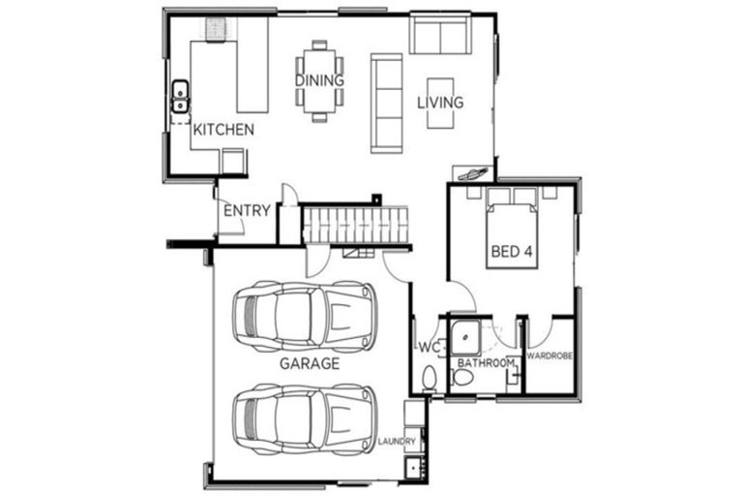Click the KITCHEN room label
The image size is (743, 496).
[223, 129]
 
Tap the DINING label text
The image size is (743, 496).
[319, 80]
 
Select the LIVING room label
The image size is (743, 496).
[440, 102]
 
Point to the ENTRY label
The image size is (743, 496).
[247, 210]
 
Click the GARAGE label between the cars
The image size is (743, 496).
[310, 364]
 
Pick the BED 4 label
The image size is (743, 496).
[512, 252]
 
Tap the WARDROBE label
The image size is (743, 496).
[550, 356]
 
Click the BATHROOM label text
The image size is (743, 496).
[486, 362]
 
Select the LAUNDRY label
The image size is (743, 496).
[398, 442]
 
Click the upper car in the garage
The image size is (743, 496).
[303, 316]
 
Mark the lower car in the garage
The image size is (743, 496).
[303, 418]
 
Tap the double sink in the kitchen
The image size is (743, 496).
[180, 97]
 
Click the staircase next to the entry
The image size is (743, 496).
[353, 226]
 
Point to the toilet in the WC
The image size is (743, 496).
[431, 378]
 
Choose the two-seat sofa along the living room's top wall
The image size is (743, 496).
[440, 36]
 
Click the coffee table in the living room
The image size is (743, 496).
[440, 100]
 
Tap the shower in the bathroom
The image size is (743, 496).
[466, 336]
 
